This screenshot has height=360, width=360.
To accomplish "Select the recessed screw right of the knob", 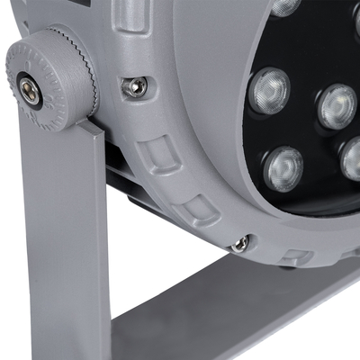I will tap(135, 86).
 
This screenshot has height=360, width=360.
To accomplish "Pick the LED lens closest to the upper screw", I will tap(269, 90).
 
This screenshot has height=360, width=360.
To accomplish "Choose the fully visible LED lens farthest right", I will tap(337, 105).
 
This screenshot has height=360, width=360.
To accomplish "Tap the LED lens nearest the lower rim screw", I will tap(283, 168).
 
